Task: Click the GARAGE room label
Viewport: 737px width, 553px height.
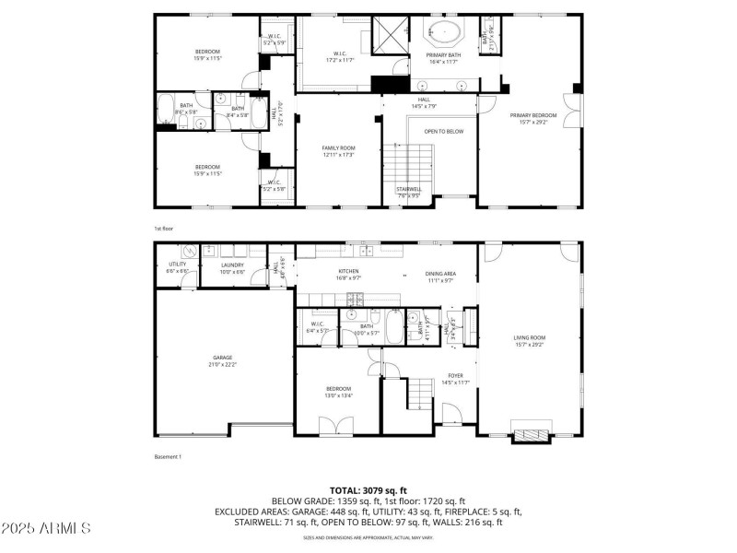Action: tap(222, 358)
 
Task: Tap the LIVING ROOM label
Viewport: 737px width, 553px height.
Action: tap(529, 338)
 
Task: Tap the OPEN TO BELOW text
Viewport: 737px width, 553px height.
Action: tap(443, 132)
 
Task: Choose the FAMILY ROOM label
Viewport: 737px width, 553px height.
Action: tap(338, 147)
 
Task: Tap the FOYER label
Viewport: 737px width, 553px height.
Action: tap(455, 375)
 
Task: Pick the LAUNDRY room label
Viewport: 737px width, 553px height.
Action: tap(232, 265)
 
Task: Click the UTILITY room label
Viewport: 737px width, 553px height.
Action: tap(177, 265)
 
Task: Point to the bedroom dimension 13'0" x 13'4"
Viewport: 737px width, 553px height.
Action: tap(336, 395)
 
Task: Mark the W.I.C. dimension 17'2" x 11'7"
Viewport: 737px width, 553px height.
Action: tap(340, 60)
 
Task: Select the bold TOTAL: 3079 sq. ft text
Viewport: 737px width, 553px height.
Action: tap(368, 490)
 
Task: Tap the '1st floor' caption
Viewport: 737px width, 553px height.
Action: tap(163, 229)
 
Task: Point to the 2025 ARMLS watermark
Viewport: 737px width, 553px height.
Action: tap(46, 528)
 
